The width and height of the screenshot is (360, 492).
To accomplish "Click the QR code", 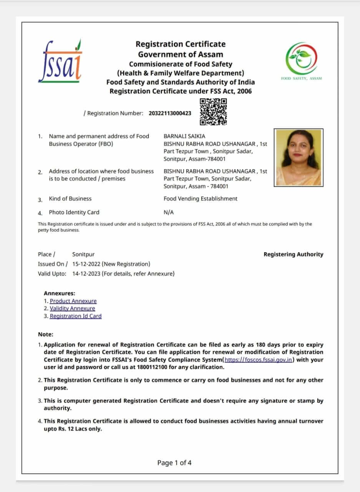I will click(213, 111).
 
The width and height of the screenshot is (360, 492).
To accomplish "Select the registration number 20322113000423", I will click(170, 113).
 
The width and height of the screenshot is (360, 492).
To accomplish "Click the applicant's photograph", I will click(299, 158).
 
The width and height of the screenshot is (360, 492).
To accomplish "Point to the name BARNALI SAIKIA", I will click(184, 136).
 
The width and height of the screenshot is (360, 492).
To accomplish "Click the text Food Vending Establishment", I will click(201, 199).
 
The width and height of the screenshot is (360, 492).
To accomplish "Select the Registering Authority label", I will click(294, 254).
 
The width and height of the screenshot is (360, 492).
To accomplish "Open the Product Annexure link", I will click(73, 301).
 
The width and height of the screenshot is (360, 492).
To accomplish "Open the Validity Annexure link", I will click(72, 308).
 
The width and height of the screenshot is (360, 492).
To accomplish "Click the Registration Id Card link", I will click(76, 316).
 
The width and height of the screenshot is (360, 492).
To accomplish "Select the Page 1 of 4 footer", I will click(174, 463).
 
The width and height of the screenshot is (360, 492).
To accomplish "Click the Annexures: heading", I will click(60, 293).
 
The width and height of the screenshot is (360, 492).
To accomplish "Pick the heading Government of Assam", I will click(181, 54).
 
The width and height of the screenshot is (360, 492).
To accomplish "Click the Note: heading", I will click(46, 334).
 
